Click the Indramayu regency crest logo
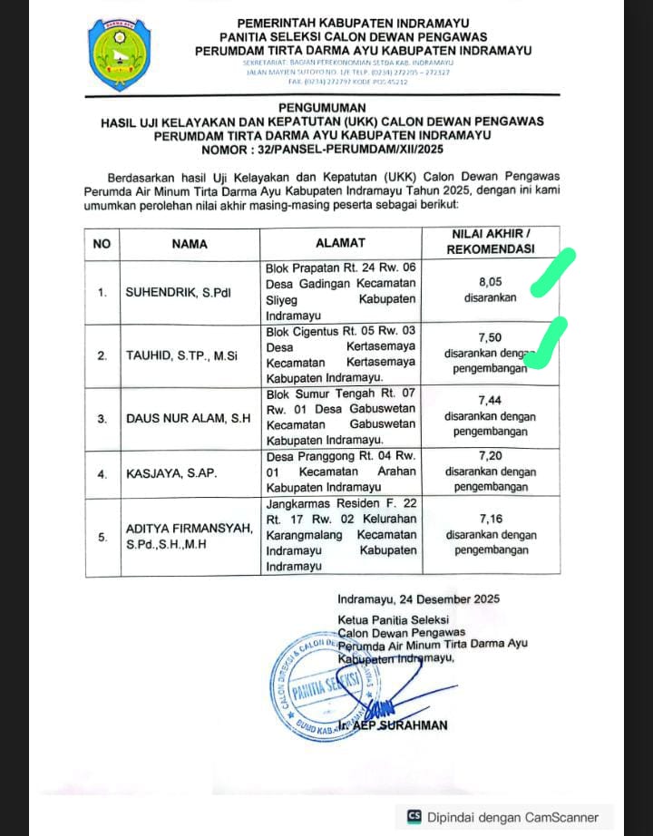click(x=121, y=54)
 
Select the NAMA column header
click(x=190, y=243)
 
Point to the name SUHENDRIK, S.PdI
click(x=178, y=292)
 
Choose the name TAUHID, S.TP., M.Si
click(x=181, y=355)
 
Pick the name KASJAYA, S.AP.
click(x=164, y=473)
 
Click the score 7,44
click(x=490, y=400)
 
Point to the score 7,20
click(x=490, y=457)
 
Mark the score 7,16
click(x=490, y=518)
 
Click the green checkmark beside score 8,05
click(x=553, y=273)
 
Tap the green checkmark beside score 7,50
click(x=546, y=343)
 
